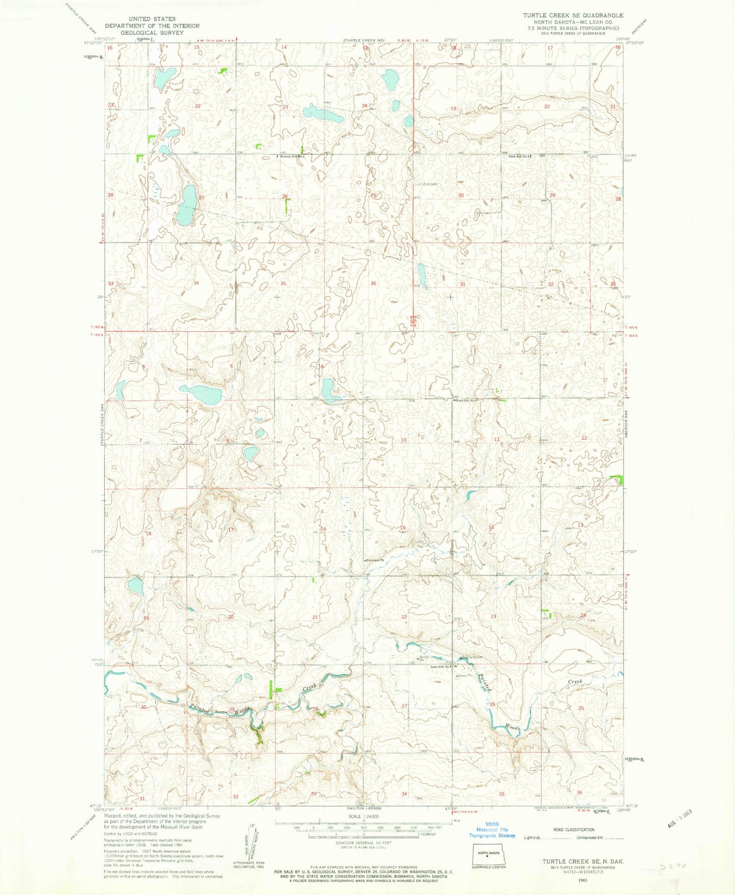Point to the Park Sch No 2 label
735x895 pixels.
pos(520,156)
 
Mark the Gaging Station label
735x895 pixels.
pos(471,657)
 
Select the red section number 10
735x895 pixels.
pos(403,439)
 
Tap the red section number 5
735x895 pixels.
pos(231,366)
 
